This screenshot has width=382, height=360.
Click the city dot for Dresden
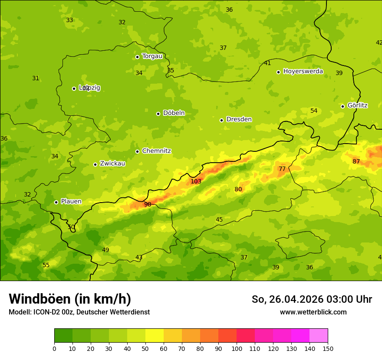[221, 120]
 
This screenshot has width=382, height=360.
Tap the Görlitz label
[357, 105]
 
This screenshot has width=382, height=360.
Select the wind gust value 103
[196, 181]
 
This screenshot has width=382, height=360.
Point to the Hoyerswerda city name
[303, 72]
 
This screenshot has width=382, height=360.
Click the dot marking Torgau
[137, 57]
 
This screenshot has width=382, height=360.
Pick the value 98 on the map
[148, 204]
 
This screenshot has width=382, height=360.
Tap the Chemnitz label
[156, 151]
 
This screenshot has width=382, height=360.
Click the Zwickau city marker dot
[95, 164]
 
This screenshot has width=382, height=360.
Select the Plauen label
[71, 202]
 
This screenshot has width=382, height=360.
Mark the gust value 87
[356, 161]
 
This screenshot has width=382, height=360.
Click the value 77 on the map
[282, 169]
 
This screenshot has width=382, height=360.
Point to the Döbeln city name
[174, 113]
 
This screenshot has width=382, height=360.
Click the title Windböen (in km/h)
[70, 299]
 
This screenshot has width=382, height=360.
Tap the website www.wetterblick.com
[313, 312]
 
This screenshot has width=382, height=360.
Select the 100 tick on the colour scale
[237, 348]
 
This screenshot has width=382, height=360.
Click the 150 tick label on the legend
[328, 348]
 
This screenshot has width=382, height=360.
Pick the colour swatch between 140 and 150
[319, 336]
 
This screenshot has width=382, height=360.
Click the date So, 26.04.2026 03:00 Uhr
[312, 299]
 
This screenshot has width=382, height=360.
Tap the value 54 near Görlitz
[313, 111]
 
